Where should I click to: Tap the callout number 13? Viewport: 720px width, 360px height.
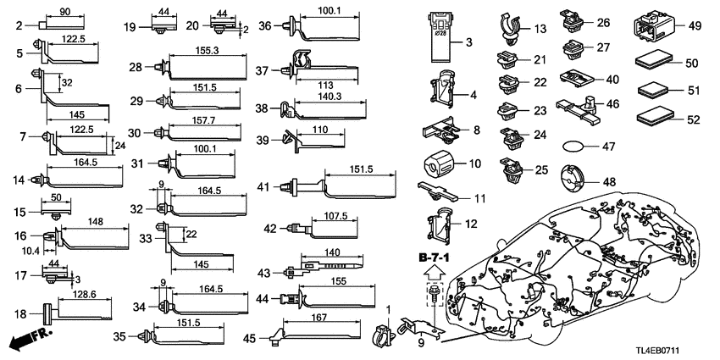point(540,29)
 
